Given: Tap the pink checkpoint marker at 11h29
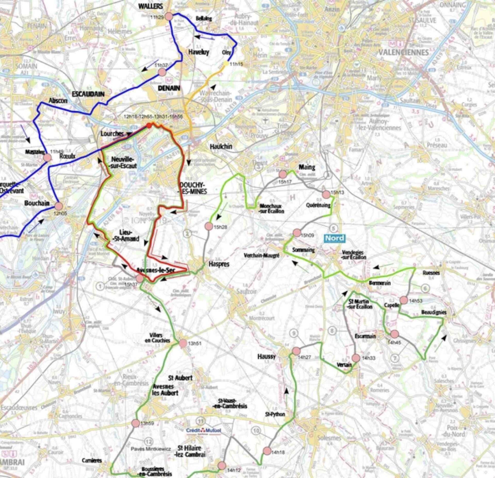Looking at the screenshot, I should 169,17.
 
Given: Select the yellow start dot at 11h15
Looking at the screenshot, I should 226,63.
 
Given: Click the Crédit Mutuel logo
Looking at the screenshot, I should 204,431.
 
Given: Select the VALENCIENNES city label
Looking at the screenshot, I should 403,52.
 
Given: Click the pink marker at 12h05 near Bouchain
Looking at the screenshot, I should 59,206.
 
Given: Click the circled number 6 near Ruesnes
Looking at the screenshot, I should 425,288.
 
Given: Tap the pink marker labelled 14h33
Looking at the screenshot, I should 356,358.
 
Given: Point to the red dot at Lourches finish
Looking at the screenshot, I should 149,125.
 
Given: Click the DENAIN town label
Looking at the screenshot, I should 169,88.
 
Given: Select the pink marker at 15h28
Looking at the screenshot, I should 209,226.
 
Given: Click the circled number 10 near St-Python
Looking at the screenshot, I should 256,431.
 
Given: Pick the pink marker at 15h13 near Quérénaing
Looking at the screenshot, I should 326,194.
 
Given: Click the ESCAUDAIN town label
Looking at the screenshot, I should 88,94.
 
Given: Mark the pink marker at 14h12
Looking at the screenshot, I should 222,466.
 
